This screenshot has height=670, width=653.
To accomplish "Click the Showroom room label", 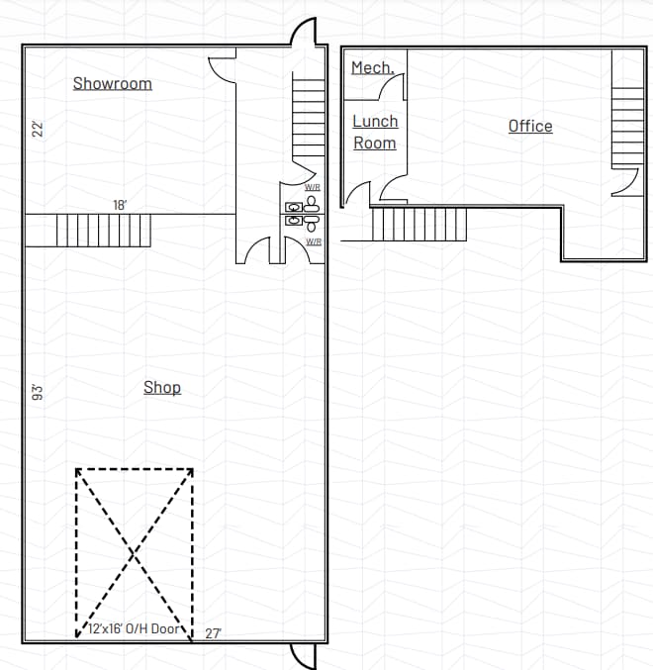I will click(113, 83).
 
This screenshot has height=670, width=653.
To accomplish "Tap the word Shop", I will click(162, 387).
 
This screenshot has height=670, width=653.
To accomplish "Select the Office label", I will click(530, 126).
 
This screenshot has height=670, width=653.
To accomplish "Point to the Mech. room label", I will click(373, 68).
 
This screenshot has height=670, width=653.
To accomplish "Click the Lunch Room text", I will click(375, 132).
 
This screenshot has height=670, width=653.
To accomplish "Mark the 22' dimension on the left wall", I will click(38, 129).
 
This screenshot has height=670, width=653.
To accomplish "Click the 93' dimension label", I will click(38, 392).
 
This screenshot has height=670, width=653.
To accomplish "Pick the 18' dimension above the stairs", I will click(120, 205).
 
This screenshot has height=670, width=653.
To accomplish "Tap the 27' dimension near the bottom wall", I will click(213, 633).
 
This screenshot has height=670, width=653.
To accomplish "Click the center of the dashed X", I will click(135, 552).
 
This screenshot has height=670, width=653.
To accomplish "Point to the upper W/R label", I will click(313, 187).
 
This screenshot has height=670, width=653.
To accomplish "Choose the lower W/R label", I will click(314, 241).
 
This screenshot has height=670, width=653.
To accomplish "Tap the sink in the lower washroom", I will click(294, 222).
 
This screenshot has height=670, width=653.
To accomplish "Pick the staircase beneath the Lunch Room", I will click(419, 224).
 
